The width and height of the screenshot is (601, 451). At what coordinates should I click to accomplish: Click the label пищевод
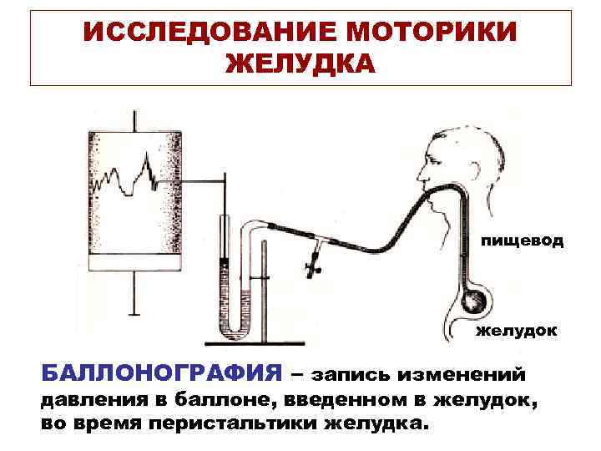tap(522, 241)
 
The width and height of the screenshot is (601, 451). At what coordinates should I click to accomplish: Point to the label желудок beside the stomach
tap(517, 331)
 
